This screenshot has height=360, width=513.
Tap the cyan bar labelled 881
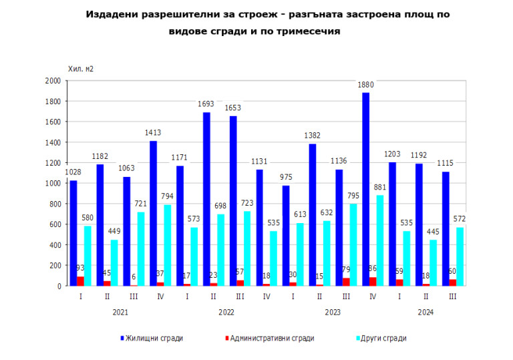pyautogui.click(x=379, y=240)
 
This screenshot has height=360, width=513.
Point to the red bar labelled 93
pyautogui.click(x=80, y=281)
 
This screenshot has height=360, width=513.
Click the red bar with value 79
pyautogui.click(x=346, y=282)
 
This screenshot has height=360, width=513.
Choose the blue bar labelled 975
pyautogui.click(x=286, y=236)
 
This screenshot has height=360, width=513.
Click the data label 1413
pyautogui.click(x=153, y=133)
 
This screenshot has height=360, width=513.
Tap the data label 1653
pyautogui.click(x=233, y=108)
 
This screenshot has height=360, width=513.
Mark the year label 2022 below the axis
pyautogui.click(x=226, y=312)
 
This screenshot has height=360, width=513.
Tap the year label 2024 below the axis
pyautogui.click(x=425, y=312)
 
